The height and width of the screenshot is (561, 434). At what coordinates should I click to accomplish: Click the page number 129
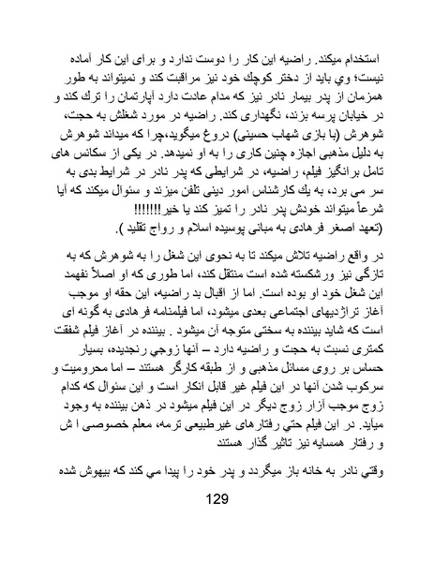(217, 525)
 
